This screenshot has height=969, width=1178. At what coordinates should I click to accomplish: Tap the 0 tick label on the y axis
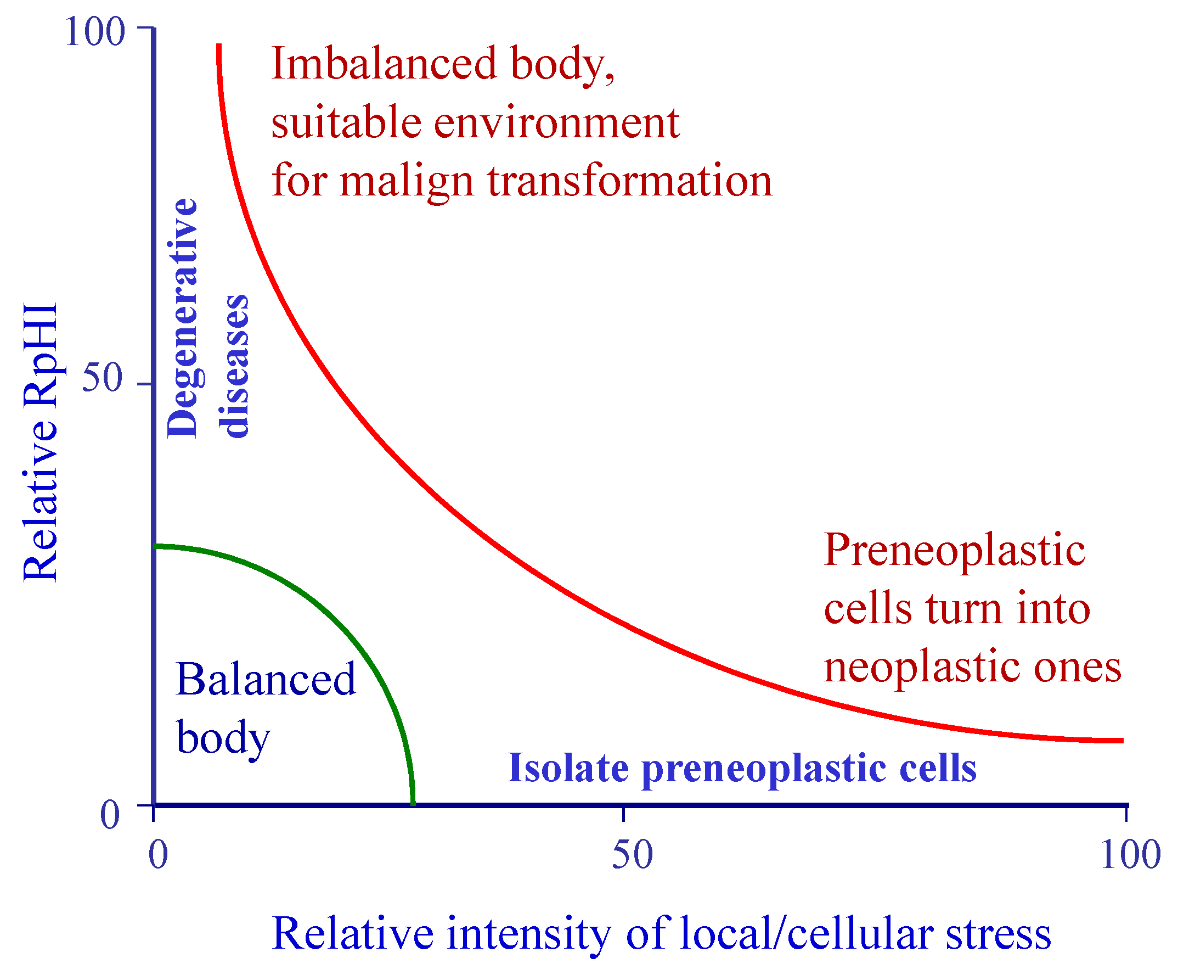tap(109, 815)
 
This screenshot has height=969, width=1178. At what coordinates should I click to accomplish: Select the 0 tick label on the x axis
tap(158, 855)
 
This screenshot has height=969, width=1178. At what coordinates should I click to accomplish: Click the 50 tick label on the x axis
tap(632, 855)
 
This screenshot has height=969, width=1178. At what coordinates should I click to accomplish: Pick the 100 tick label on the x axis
tap(1130, 855)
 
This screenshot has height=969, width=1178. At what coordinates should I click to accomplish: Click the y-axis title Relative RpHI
tap(40, 442)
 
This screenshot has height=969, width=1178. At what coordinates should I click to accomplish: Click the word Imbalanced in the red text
tap(384, 64)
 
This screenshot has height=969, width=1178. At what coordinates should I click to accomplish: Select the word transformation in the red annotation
tap(630, 181)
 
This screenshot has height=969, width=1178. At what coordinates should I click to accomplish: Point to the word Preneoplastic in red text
tap(954, 550)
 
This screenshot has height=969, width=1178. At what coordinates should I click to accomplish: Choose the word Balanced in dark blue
tap(266, 679)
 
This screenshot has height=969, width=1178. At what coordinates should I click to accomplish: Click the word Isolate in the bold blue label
tap(568, 768)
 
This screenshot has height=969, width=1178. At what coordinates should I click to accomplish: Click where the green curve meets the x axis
tap(413, 804)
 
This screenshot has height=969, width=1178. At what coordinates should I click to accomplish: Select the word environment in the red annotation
tap(556, 123)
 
